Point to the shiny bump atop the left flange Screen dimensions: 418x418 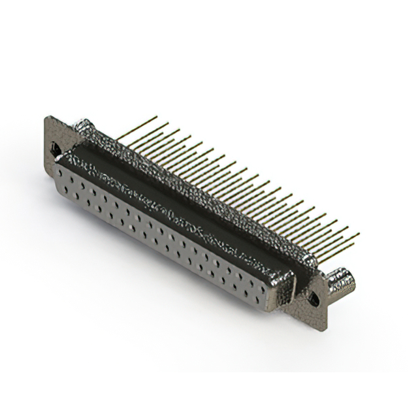(84, 124)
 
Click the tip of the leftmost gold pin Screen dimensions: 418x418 (157, 117)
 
